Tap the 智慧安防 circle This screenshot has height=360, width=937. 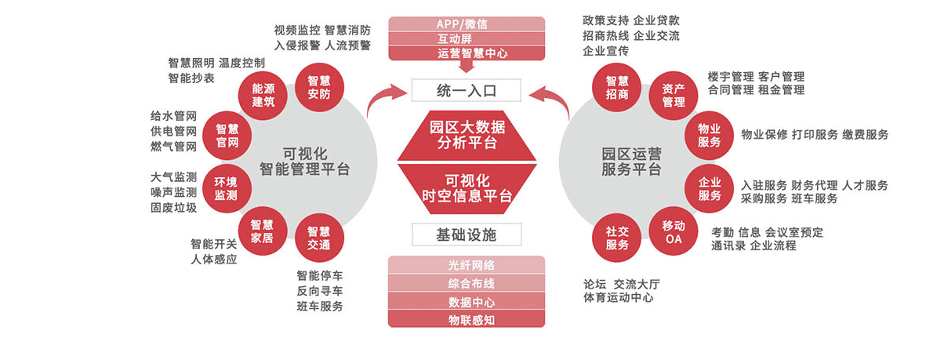[318, 87]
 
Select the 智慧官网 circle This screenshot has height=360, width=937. [227, 136]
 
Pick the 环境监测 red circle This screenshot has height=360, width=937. [226, 189]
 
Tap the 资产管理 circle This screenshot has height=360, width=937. [673, 95]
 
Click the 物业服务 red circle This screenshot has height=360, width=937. [709, 136]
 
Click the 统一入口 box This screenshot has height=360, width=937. [467, 91]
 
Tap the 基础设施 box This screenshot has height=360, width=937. [467, 234]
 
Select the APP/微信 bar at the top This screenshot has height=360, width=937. [467, 24]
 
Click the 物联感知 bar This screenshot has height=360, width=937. [467, 319]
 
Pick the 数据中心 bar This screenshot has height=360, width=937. [467, 301]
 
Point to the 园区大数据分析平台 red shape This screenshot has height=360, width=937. [467, 134]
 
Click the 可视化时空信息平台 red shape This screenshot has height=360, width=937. [467, 187]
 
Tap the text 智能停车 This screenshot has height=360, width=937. [320, 275]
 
